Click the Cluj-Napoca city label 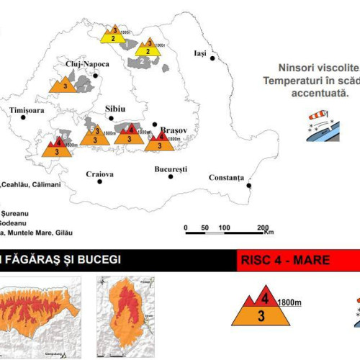click(x=86, y=63)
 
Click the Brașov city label click(x=173, y=123)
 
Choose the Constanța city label click(x=226, y=177)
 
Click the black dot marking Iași click(x=213, y=59)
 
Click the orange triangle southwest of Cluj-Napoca click(x=65, y=84)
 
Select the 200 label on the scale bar click(x=263, y=228)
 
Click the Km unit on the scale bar click(x=269, y=233)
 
